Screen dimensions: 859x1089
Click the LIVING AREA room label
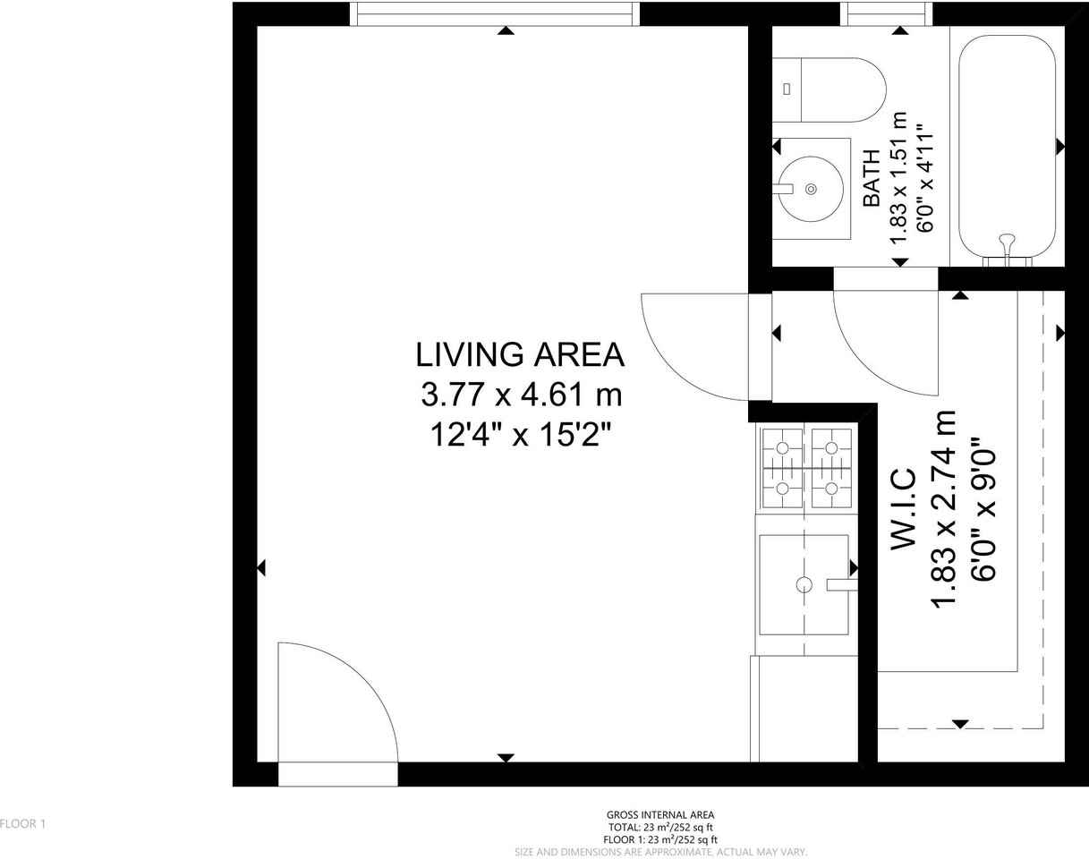[x=520, y=355]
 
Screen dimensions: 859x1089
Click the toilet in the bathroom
[x=829, y=90]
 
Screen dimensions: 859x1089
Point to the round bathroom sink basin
[x=811, y=189]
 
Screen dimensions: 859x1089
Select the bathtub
[x=1008, y=147]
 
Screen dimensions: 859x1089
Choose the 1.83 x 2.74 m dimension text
[x=945, y=508]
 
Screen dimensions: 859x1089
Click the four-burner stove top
[x=806, y=467]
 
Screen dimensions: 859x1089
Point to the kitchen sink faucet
[x=841, y=585]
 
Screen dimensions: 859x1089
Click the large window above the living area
[x=495, y=13]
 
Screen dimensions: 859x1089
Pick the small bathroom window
[x=887, y=13]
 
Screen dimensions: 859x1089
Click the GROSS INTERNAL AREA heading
[x=660, y=815]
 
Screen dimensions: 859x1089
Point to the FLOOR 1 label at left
[x=22, y=824]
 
